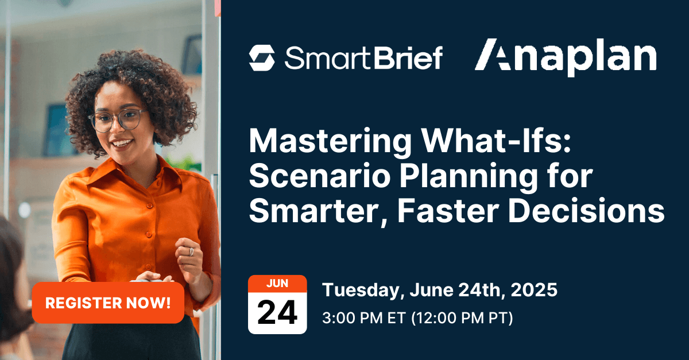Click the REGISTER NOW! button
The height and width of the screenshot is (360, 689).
click(x=108, y=303)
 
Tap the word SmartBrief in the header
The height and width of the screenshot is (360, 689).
click(x=363, y=59)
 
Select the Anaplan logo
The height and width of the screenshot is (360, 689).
click(x=566, y=57)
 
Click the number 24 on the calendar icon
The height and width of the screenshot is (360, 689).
click(x=277, y=312)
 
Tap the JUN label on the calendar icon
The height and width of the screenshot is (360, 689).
click(x=277, y=284)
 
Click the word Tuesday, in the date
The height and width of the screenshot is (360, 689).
click(x=364, y=291)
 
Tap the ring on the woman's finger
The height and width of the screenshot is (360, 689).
click(x=191, y=251)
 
